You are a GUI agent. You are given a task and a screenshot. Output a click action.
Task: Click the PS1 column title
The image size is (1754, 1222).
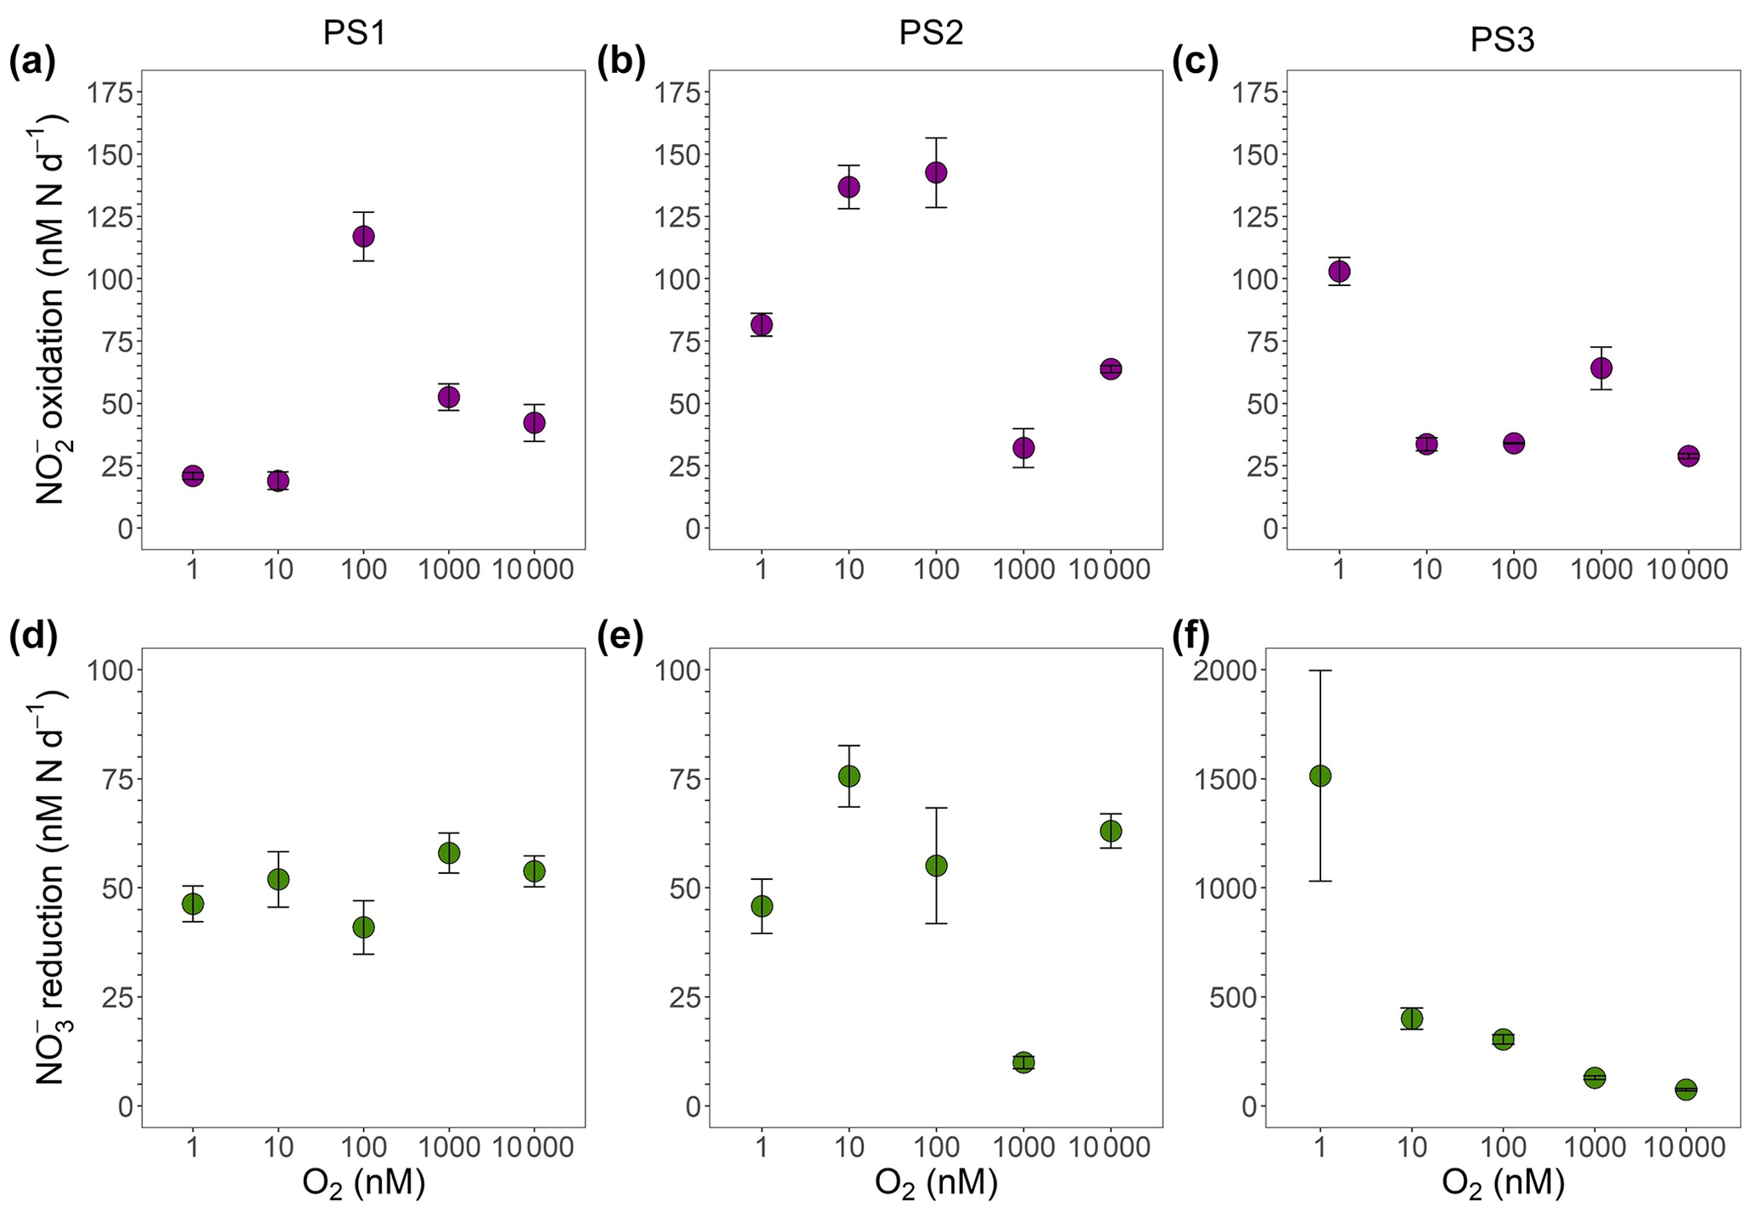pyautogui.click(x=355, y=33)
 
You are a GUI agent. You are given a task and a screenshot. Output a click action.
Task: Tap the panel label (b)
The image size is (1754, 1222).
pyautogui.click(x=621, y=63)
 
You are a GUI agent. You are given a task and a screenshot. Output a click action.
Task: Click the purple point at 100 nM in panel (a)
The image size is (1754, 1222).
pyautogui.click(x=363, y=236)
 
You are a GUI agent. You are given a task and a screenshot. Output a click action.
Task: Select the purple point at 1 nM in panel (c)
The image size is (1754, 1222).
pyautogui.click(x=1339, y=272)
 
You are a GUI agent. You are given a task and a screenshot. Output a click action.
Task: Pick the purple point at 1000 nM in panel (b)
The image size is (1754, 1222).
pyautogui.click(x=1023, y=447)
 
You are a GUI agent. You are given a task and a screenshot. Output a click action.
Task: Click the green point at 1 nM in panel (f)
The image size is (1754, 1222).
pyautogui.click(x=1320, y=776)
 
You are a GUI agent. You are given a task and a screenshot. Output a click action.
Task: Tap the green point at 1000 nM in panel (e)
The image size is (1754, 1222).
pyautogui.click(x=1023, y=1062)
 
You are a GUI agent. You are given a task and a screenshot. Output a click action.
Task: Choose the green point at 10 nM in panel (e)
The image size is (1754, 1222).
pyautogui.click(x=849, y=776)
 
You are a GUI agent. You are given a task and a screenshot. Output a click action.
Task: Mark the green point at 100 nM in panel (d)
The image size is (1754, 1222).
pyautogui.click(x=363, y=927)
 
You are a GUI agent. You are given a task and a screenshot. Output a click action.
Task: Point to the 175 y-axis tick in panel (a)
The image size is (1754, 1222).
pyautogui.click(x=110, y=93)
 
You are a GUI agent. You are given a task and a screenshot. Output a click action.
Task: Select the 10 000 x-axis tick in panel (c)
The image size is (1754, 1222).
pyautogui.click(x=1687, y=569)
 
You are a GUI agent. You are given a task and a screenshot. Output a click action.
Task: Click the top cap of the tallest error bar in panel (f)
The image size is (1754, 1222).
pyautogui.click(x=1320, y=670)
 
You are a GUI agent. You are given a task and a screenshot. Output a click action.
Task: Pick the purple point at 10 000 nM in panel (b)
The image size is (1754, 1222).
pyautogui.click(x=1110, y=368)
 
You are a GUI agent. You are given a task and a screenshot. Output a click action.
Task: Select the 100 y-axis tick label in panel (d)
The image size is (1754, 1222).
pyautogui.click(x=110, y=670)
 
